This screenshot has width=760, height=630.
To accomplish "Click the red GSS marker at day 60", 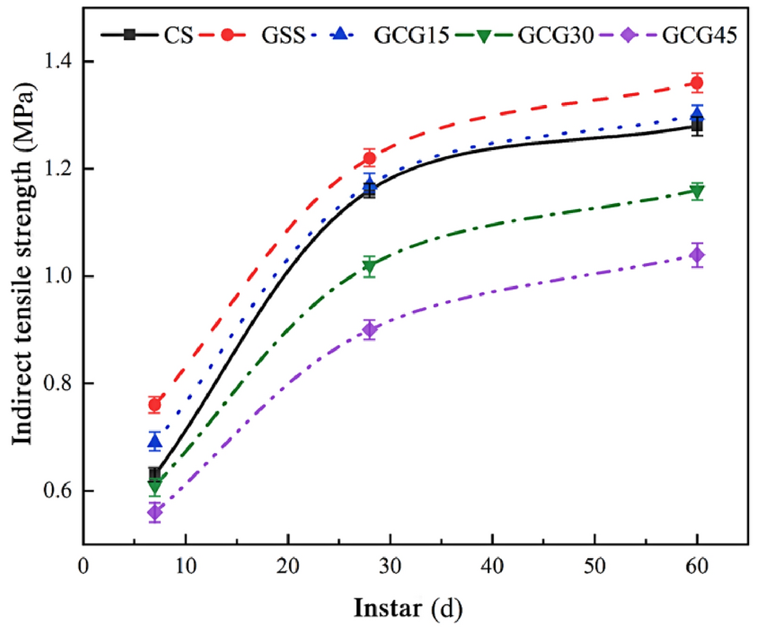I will (697, 83).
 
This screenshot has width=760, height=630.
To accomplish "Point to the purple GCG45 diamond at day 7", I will (155, 512).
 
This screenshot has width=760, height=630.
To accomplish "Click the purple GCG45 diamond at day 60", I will (697, 254).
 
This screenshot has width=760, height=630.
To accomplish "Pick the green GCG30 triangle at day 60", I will (697, 191).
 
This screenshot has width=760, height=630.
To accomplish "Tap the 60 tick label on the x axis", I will (697, 567).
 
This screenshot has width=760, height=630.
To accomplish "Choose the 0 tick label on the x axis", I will (84, 567).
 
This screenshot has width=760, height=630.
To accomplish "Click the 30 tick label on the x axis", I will (390, 567).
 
